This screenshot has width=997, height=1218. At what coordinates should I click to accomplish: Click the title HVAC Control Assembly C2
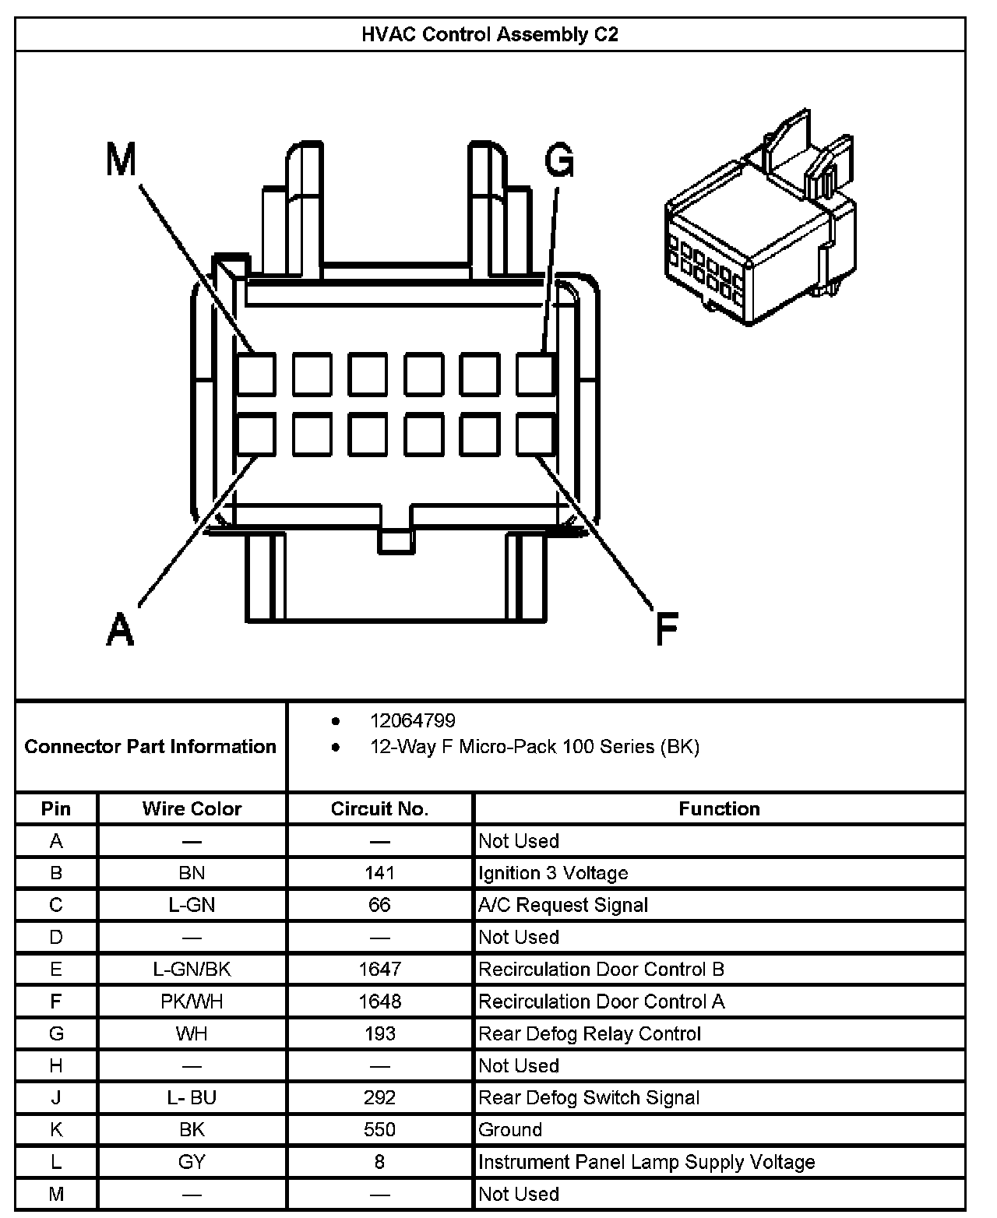(x=490, y=34)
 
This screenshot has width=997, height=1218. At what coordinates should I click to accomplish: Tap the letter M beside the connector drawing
(x=121, y=160)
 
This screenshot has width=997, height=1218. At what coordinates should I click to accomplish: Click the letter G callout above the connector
(x=559, y=162)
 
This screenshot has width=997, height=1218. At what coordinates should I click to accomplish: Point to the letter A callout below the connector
(x=120, y=629)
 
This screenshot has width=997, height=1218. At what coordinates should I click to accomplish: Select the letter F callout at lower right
(x=667, y=629)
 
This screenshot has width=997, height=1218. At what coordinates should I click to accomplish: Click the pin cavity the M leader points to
(x=256, y=374)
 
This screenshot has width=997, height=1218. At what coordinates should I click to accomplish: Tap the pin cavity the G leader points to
(x=536, y=374)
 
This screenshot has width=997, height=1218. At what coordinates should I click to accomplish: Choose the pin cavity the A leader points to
(x=256, y=435)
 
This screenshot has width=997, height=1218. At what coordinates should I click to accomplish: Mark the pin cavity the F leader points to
(x=536, y=435)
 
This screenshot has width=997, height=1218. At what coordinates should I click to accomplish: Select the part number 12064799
(x=413, y=720)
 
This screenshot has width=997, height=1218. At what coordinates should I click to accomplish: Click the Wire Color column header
(x=192, y=808)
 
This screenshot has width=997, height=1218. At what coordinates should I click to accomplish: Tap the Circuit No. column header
(x=379, y=808)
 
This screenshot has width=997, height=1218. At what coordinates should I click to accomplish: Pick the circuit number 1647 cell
(x=379, y=969)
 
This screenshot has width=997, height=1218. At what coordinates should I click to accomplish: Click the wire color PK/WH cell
(x=192, y=1001)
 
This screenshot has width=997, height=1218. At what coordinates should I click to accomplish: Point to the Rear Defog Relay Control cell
(x=590, y=1033)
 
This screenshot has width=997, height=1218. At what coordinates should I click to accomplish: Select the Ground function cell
(x=510, y=1129)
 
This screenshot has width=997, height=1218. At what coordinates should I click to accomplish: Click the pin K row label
(x=56, y=1129)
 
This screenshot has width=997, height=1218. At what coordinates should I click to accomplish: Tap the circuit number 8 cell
(x=379, y=1162)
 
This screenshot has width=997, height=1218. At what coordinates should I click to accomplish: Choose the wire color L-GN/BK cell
(x=192, y=969)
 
